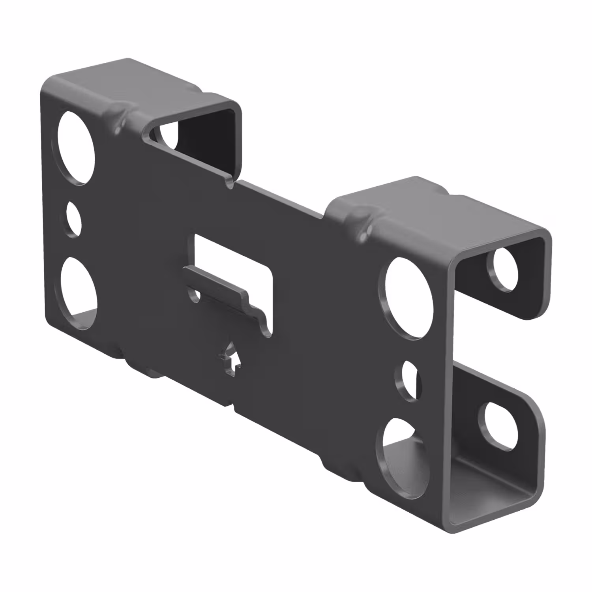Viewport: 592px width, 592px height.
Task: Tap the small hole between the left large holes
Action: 73,219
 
